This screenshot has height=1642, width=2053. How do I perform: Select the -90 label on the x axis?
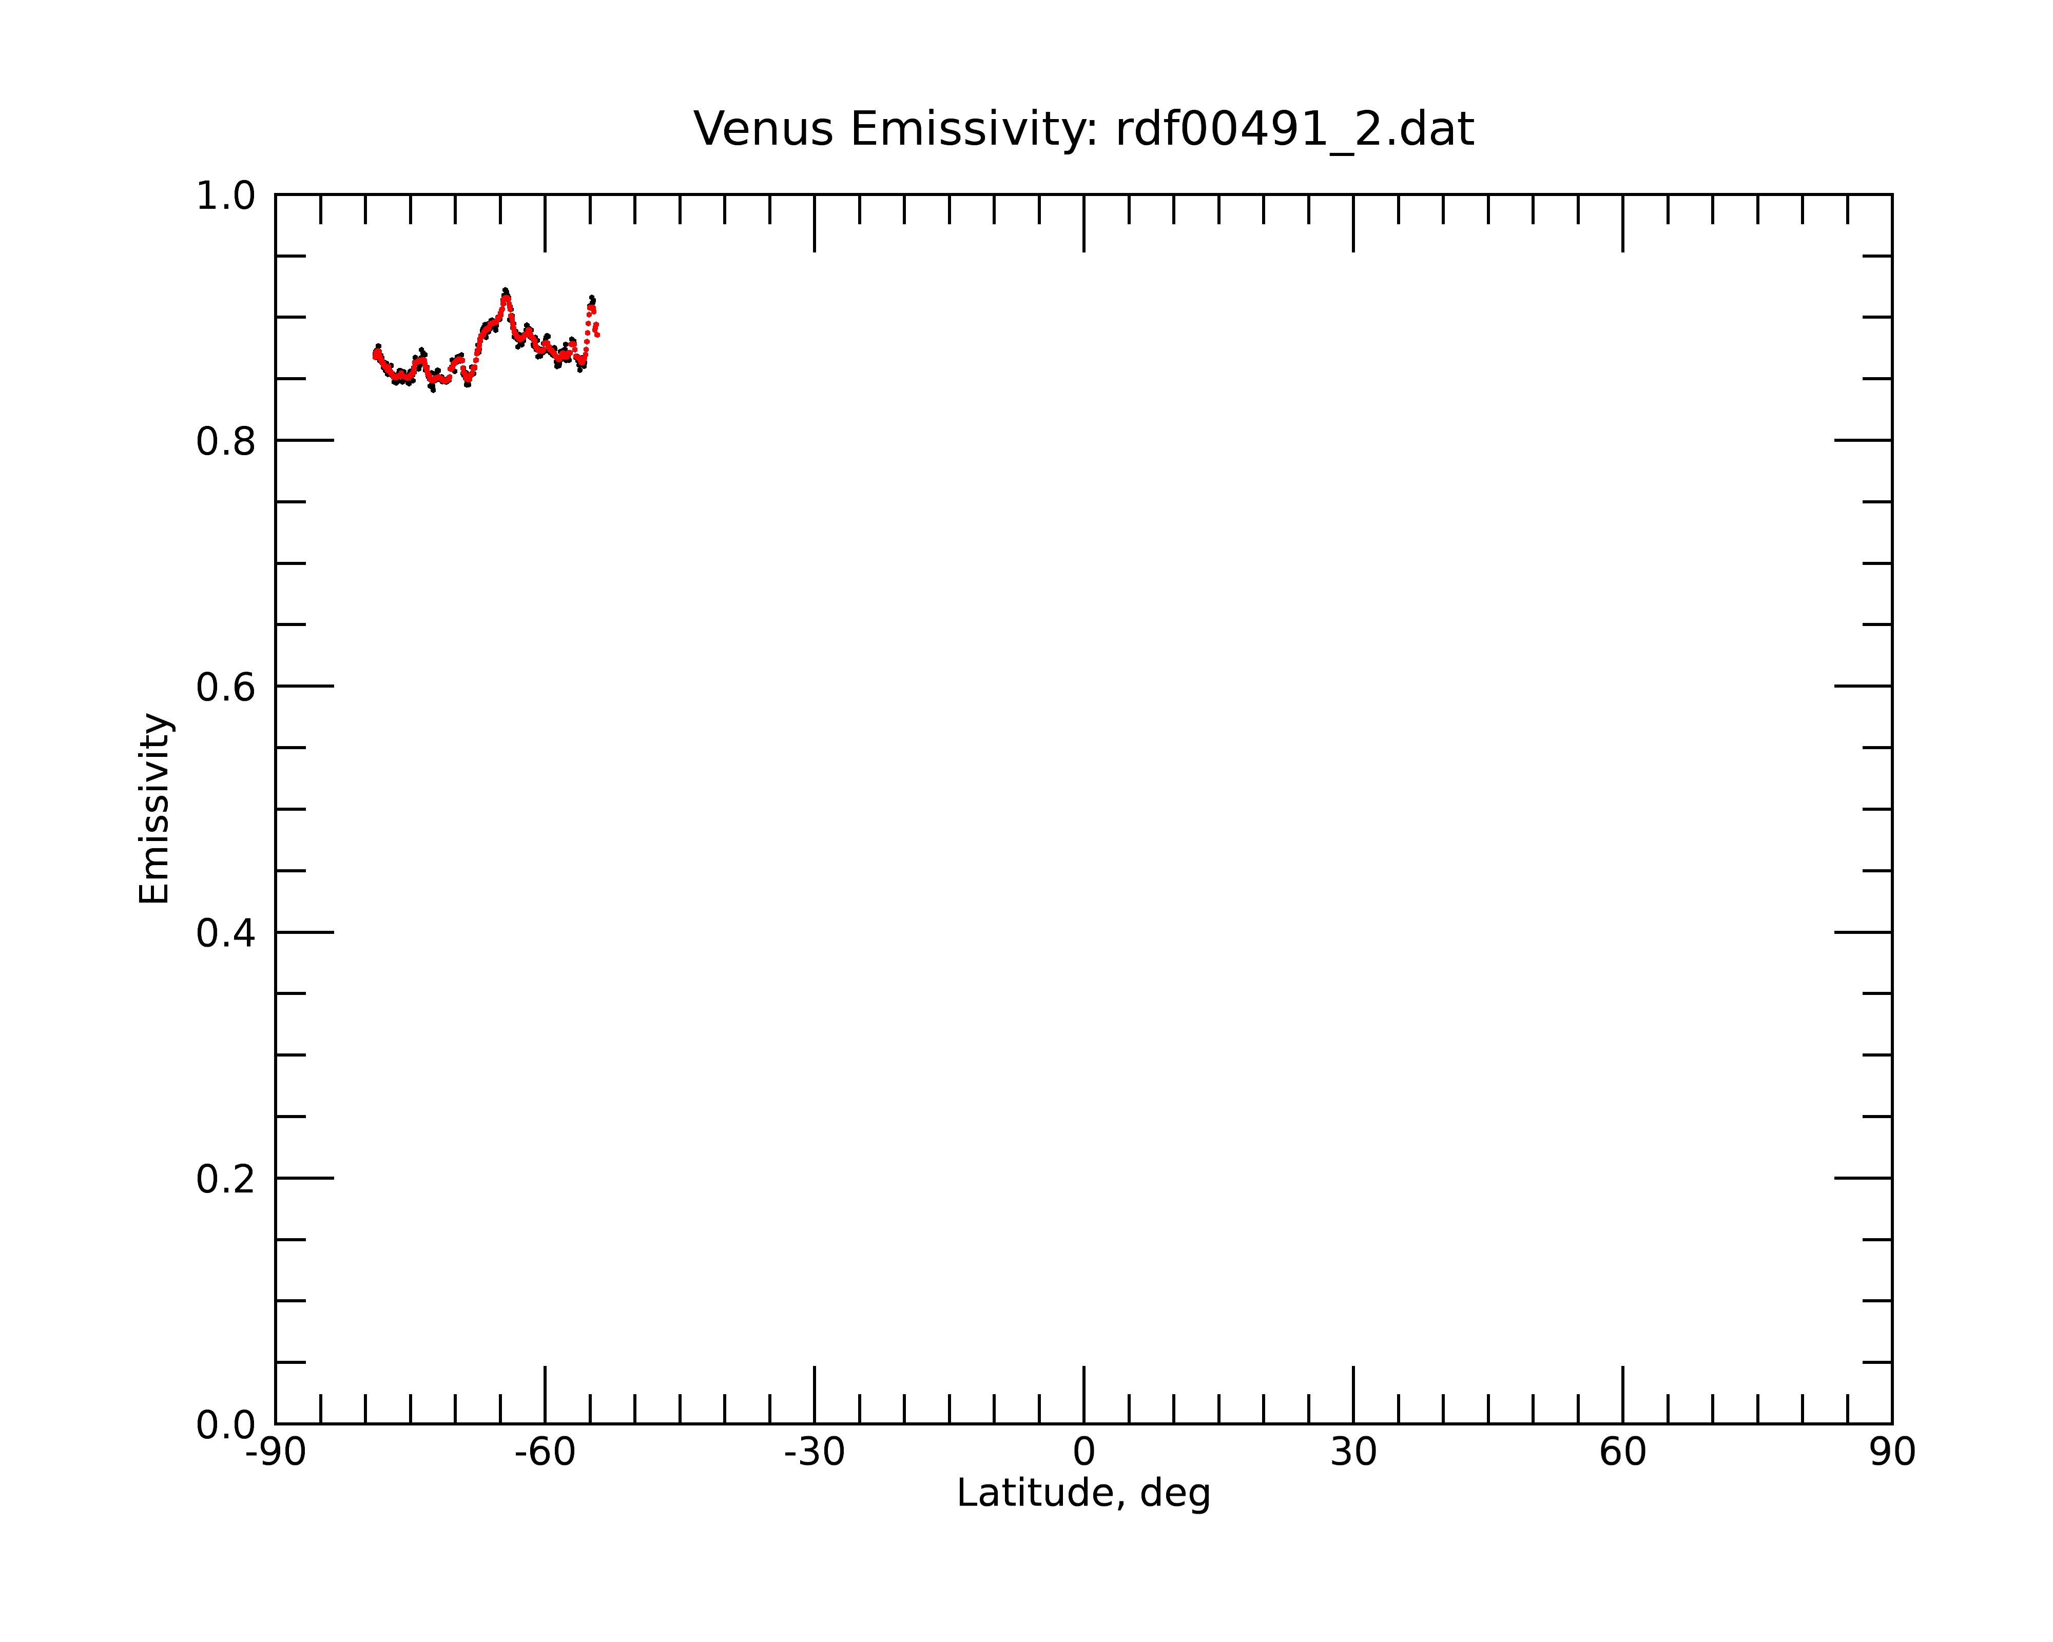pyautogui.click(x=275, y=1453)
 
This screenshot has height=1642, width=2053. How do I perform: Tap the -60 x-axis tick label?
pyautogui.click(x=545, y=1453)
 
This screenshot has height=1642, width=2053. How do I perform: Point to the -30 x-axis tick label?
pyautogui.click(x=814, y=1453)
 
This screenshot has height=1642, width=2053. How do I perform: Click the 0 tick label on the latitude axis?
pyautogui.click(x=1083, y=1453)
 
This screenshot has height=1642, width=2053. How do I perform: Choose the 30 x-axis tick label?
pyautogui.click(x=1353, y=1453)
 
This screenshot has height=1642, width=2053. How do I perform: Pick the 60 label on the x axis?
pyautogui.click(x=1622, y=1453)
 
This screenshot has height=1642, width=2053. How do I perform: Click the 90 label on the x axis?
pyautogui.click(x=1892, y=1453)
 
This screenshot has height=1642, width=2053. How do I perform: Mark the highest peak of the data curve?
pyautogui.click(x=506, y=290)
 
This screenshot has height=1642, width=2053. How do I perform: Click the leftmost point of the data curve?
pyautogui.click(x=375, y=354)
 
